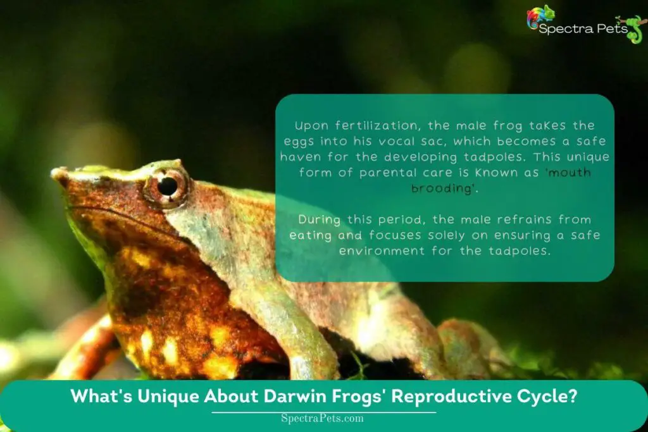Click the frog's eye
point(168,185)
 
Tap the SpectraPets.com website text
point(323,418)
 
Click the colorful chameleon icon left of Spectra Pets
point(540,16)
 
